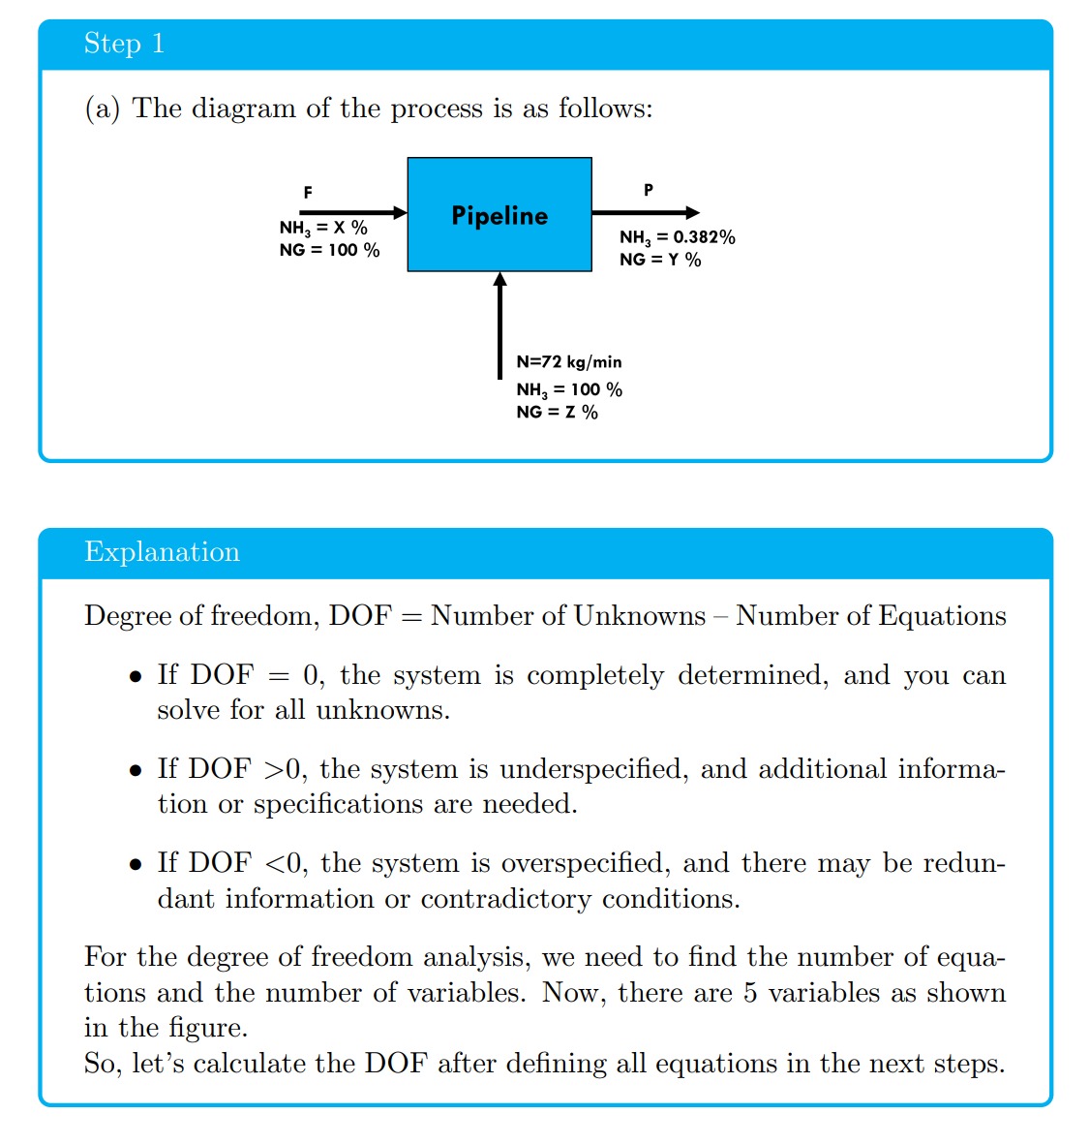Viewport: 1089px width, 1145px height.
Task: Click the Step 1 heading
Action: pyautogui.click(x=124, y=44)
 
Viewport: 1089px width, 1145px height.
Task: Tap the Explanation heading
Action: pyautogui.click(x=162, y=552)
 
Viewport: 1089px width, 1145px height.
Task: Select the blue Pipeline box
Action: pyautogui.click(x=499, y=215)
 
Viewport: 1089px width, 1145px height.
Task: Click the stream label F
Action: pyautogui.click(x=308, y=193)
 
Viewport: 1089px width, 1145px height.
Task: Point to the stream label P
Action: pyautogui.click(x=649, y=190)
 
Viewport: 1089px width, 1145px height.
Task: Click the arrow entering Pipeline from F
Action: pyautogui.click(x=352, y=212)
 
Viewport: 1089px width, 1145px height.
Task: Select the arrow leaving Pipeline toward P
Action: pyautogui.click(x=645, y=212)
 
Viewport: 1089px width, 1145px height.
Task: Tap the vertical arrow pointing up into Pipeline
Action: pyautogui.click(x=499, y=325)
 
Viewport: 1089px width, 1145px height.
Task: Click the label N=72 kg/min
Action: pyautogui.click(x=569, y=362)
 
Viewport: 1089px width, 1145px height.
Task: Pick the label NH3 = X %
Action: pyautogui.click(x=323, y=229)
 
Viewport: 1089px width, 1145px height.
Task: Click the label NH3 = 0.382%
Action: pyautogui.click(x=677, y=237)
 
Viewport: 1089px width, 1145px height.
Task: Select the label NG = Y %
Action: pyautogui.click(x=660, y=260)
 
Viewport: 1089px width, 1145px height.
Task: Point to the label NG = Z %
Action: pyautogui.click(x=557, y=413)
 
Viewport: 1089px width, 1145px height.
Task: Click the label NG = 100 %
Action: pyautogui.click(x=329, y=250)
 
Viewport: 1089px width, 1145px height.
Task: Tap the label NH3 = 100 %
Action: pyautogui.click(x=569, y=389)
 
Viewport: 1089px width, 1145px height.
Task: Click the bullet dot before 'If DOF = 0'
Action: pyautogui.click(x=136, y=677)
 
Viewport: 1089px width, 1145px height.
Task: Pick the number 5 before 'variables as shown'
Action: pyautogui.click(x=750, y=993)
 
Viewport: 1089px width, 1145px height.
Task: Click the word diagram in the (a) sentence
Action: pyautogui.click(x=243, y=108)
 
